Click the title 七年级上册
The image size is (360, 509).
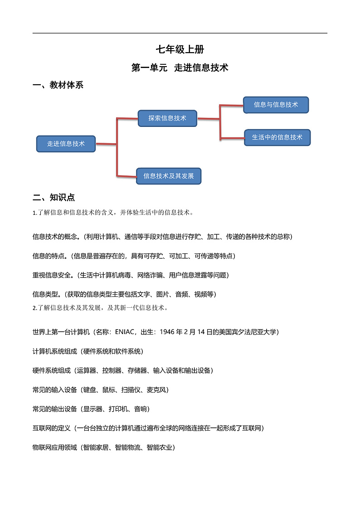click(180, 50)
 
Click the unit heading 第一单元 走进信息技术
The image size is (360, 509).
click(180, 68)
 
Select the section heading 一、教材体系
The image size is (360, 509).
click(58, 85)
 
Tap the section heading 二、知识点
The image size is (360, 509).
click(54, 198)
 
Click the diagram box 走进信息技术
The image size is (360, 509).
click(66, 144)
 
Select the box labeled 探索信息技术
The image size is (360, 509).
click(167, 118)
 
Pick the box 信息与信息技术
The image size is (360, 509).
click(276, 105)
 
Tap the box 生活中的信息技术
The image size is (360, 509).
click(277, 137)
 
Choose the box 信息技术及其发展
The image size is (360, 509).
click(168, 176)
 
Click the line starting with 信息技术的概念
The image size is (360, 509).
click(162, 237)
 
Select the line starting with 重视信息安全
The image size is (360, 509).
click(131, 275)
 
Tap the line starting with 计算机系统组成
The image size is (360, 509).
click(88, 351)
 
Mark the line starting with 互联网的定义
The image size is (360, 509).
click(148, 428)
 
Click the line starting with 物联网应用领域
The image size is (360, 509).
click(104, 447)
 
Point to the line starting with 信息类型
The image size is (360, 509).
click(124, 294)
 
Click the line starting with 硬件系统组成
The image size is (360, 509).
click(123, 370)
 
